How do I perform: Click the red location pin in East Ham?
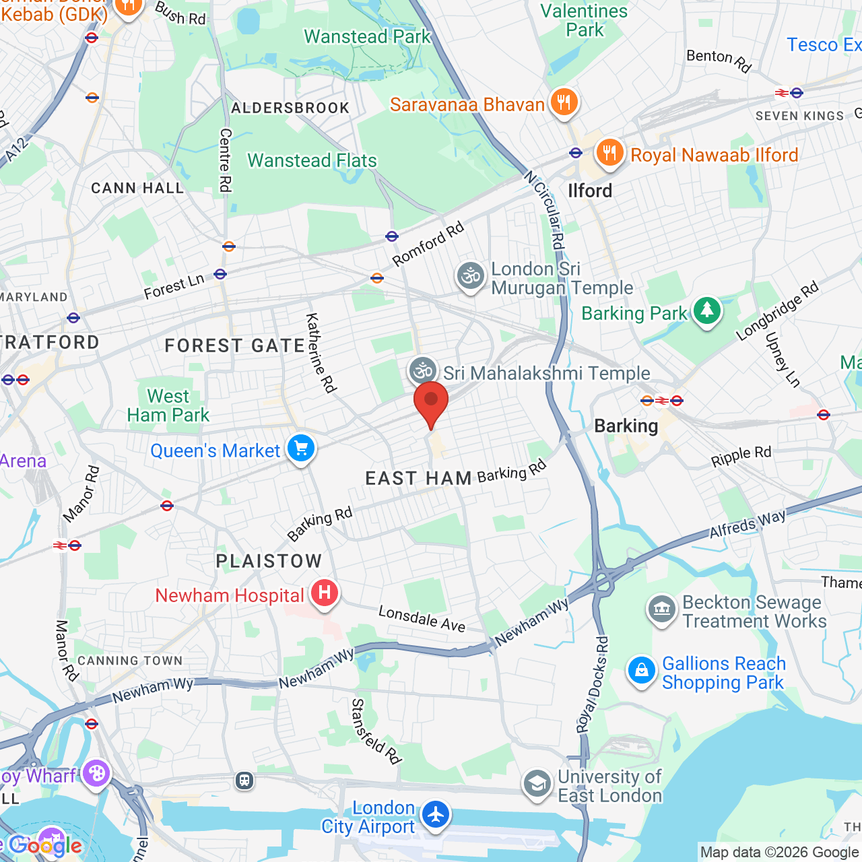click(x=431, y=402)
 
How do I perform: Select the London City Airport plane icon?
click(x=436, y=815)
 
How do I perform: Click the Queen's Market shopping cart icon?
click(x=301, y=449)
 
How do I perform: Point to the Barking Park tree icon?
click(x=706, y=311)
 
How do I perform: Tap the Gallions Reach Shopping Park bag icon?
click(x=641, y=671)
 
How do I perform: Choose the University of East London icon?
click(x=537, y=784)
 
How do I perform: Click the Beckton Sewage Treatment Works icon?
click(x=662, y=609)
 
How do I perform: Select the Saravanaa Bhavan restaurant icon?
click(x=564, y=102)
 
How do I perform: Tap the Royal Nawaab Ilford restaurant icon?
click(x=609, y=153)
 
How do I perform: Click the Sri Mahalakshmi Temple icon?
click(x=423, y=370)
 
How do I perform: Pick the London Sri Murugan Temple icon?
click(x=471, y=276)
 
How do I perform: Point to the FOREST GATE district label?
click(x=235, y=346)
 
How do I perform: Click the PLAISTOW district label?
click(x=269, y=561)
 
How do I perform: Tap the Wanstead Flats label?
click(x=312, y=161)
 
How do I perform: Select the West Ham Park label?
click(x=168, y=405)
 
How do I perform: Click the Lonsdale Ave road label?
click(x=422, y=618)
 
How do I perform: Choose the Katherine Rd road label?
click(x=321, y=353)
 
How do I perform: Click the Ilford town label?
click(x=590, y=191)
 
